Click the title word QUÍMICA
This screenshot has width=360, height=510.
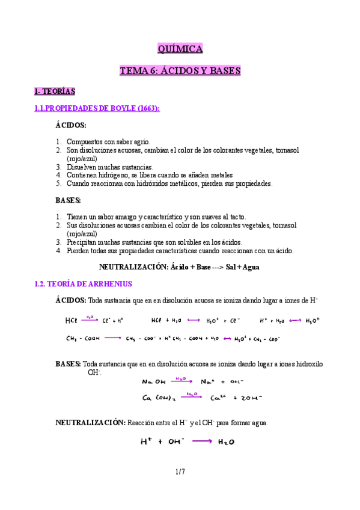click(x=180, y=49)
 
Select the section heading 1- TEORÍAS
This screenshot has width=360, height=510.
click(x=54, y=91)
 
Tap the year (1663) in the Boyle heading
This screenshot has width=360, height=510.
click(x=148, y=108)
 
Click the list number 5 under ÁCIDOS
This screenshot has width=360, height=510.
click(x=59, y=183)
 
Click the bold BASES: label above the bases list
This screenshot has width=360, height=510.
click(x=69, y=200)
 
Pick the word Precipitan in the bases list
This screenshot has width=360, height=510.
click(x=84, y=242)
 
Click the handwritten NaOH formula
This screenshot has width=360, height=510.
click(x=154, y=381)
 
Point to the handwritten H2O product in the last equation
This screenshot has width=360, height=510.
click(x=226, y=442)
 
